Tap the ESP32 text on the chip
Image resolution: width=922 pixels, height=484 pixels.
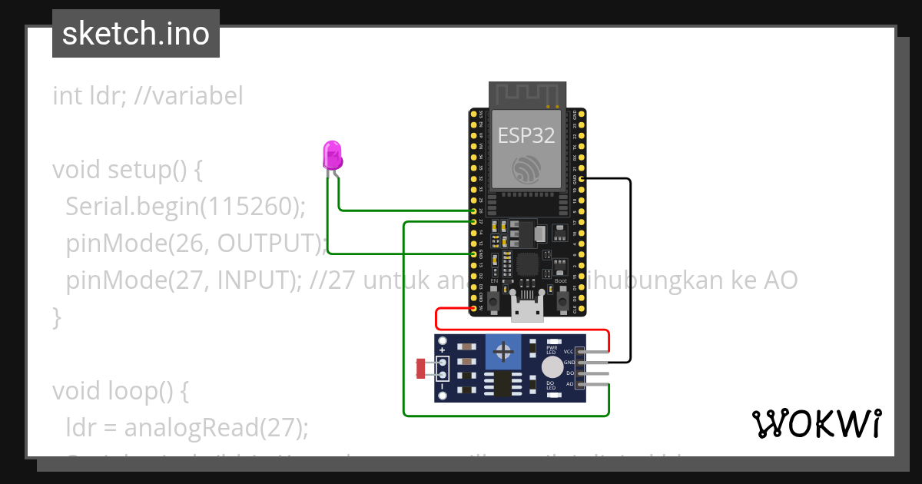click(526, 135)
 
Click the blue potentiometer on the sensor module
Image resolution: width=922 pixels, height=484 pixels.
click(504, 353)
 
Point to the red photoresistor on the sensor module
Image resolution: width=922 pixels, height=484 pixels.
click(420, 368)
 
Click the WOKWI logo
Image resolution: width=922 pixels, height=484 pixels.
click(816, 423)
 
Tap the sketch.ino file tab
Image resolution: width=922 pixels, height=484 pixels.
click(136, 34)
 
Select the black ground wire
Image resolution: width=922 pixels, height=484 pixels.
click(630, 269)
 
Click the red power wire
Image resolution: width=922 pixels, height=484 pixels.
click(522, 331)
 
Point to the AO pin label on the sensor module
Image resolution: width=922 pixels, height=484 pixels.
click(569, 383)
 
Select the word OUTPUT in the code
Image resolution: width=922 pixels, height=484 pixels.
click(267, 243)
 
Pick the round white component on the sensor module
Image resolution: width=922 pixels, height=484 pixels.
click(552, 367)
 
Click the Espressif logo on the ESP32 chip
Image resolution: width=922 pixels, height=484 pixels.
click(527, 169)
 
